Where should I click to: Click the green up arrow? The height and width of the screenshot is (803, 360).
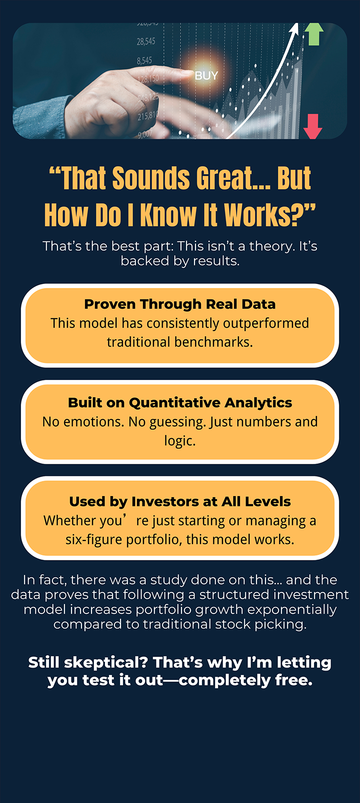coord(313,34)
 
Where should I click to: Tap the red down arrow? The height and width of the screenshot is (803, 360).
coord(312,126)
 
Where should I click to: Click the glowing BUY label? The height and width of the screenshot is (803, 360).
coord(206,75)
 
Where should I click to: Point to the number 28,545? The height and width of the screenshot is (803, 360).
coord(146,41)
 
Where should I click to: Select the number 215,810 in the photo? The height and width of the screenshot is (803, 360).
coord(147,115)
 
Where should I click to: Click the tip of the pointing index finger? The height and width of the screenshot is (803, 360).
coord(189,74)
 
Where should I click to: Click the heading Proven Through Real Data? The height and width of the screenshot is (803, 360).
coord(180,304)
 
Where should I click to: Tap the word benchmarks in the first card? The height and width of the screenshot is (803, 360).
coord(213,342)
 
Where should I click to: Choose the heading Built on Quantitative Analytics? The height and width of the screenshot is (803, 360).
coord(180,402)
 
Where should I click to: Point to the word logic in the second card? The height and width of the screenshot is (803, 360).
coord(179,441)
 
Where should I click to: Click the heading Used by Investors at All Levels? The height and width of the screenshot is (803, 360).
coord(180,501)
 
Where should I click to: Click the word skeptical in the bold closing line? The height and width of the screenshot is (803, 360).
coord(106,662)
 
